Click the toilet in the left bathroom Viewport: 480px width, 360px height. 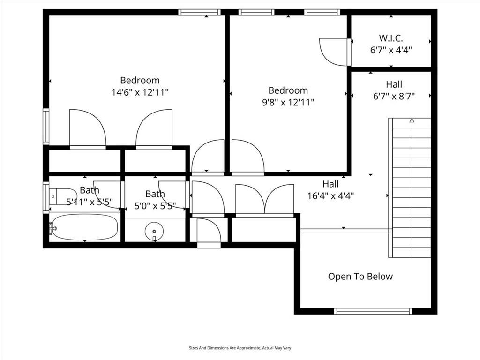click(59, 196)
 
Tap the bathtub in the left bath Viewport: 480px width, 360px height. click(85, 227)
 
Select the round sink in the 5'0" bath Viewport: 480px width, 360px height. click(154, 231)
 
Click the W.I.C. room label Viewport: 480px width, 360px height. click(391, 38)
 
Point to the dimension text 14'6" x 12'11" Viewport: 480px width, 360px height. click(140, 92)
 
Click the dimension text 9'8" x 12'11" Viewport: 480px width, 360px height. click(288, 102)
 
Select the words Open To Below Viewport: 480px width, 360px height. click(360, 277)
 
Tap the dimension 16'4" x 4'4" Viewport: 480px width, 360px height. click(330, 195)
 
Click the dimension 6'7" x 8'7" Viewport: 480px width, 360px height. click(394, 96)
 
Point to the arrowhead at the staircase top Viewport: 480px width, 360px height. click(412, 120)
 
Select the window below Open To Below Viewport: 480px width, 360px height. click(373, 311)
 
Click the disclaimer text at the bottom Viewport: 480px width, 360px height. click(240, 348)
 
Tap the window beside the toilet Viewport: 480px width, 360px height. click(46, 197)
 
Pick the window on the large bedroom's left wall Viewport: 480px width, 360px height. click(46, 127)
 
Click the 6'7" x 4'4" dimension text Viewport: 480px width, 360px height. click(391, 50)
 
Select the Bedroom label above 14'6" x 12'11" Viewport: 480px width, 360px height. click(140, 80)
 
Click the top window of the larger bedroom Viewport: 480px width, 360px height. click(199, 12)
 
